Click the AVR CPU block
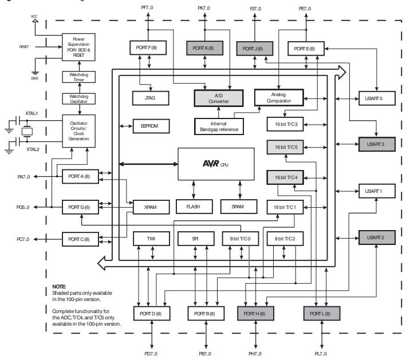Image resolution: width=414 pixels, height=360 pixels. coord(216,164)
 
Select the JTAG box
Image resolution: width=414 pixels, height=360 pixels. coord(150,98)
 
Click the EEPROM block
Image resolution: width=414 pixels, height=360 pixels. coord(150,126)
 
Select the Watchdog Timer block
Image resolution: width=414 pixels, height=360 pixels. coord(79,77)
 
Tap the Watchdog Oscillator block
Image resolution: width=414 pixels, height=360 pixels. coord(79,99)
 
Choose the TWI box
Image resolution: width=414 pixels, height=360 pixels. coord(150,238)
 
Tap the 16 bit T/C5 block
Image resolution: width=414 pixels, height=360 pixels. coord(285,148)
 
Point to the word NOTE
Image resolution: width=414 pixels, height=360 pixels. coord(59,285)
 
